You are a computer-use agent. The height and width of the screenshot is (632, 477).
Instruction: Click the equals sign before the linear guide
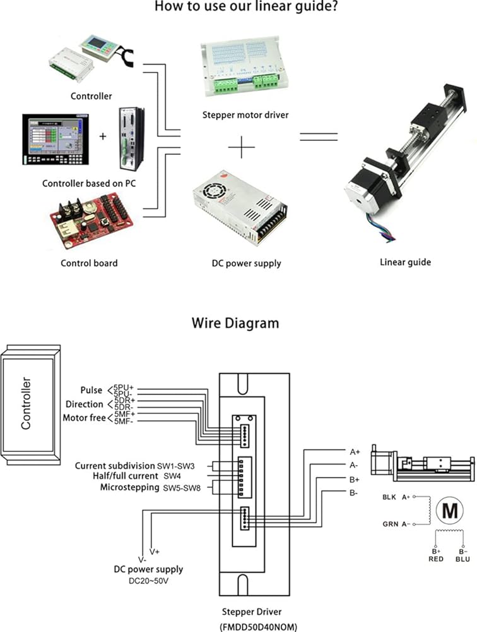click(x=318, y=137)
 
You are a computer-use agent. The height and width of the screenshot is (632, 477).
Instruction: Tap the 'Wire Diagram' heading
click(x=235, y=323)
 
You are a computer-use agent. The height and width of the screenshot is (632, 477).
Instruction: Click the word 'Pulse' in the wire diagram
click(x=91, y=390)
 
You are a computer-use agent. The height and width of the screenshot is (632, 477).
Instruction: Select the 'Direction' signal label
click(x=85, y=404)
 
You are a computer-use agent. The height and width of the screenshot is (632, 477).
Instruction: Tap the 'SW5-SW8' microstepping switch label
click(x=182, y=488)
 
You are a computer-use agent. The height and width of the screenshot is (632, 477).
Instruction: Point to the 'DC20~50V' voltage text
click(x=148, y=580)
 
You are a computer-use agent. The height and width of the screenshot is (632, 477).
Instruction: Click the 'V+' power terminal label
click(x=153, y=552)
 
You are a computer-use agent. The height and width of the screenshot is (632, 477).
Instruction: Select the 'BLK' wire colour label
click(x=389, y=497)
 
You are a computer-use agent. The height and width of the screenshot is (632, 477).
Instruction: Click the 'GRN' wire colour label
click(x=389, y=524)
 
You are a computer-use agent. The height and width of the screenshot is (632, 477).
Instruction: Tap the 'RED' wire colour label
click(x=435, y=559)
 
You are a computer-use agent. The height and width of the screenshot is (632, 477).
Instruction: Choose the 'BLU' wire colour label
click(x=464, y=559)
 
